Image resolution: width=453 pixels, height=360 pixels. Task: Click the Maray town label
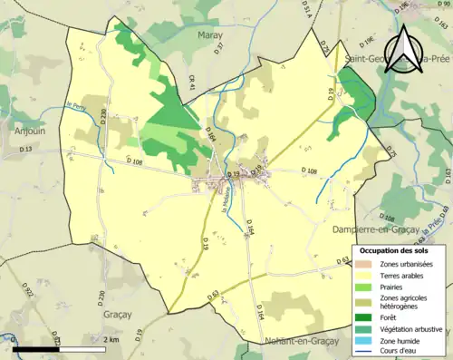coord(210,34)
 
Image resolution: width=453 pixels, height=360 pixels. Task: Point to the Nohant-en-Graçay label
coord(288,341)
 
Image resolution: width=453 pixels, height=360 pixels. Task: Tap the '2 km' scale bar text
coord(111,339)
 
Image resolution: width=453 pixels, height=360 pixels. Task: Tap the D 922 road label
coord(28,292)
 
